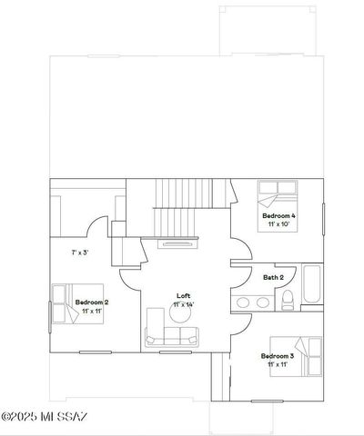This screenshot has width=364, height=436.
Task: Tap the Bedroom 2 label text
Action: click(92, 302)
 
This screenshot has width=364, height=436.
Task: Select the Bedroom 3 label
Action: click(278, 355)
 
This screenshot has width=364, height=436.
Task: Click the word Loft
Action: click(183, 296)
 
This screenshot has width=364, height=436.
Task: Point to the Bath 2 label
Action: click(274, 277)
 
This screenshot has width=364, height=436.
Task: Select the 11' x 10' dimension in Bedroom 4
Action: click(278, 224)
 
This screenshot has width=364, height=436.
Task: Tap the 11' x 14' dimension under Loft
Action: click(183, 305)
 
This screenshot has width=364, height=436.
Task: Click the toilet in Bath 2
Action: click(287, 300)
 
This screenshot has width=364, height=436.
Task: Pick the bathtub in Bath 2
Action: click(310, 288)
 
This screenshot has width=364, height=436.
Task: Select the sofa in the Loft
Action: click(171, 338)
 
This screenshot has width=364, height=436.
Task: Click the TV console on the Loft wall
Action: click(177, 243)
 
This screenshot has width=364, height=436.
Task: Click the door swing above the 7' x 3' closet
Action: click(97, 226)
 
